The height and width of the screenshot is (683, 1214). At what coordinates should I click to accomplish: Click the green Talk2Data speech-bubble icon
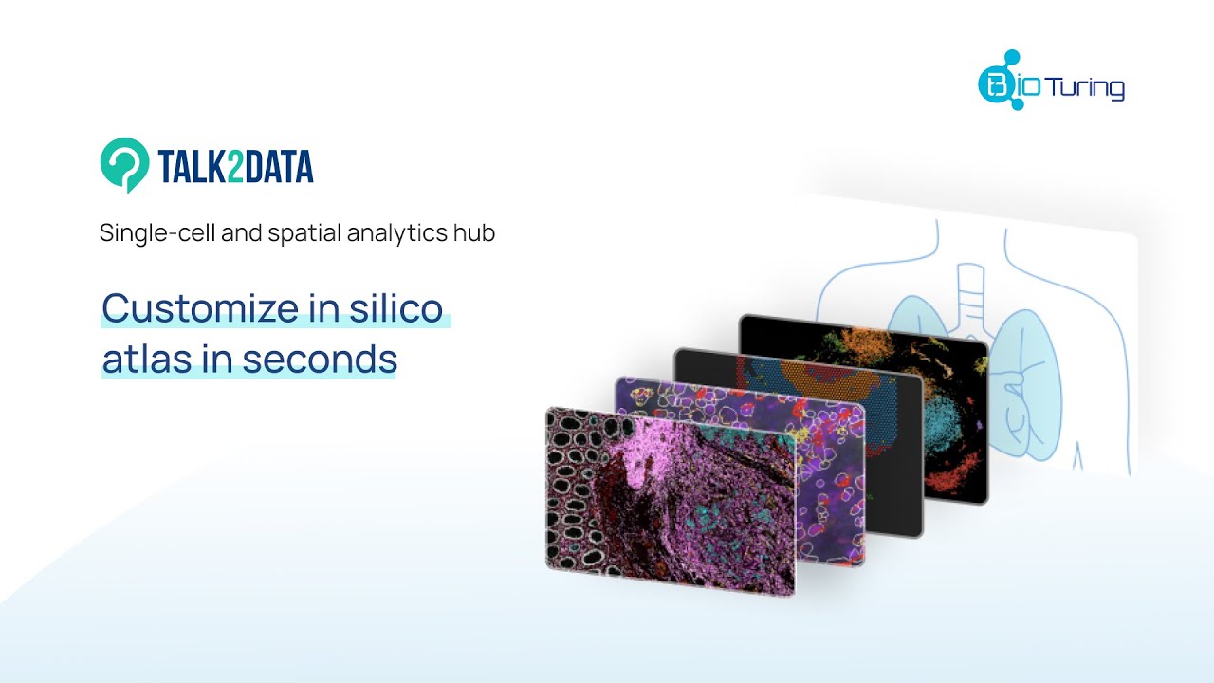(124, 164)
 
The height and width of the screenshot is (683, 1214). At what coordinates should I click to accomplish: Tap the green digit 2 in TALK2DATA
(235, 166)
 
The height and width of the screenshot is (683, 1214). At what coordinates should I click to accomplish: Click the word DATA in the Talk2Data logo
(279, 166)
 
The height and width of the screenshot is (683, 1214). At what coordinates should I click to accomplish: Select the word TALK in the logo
(192, 166)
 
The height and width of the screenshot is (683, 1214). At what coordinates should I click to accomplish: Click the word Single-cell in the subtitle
(157, 233)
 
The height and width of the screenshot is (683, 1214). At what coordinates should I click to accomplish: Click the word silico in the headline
(396, 307)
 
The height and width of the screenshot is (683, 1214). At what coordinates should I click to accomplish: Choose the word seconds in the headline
(320, 359)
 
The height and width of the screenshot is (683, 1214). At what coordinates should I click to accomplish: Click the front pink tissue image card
(670, 502)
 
